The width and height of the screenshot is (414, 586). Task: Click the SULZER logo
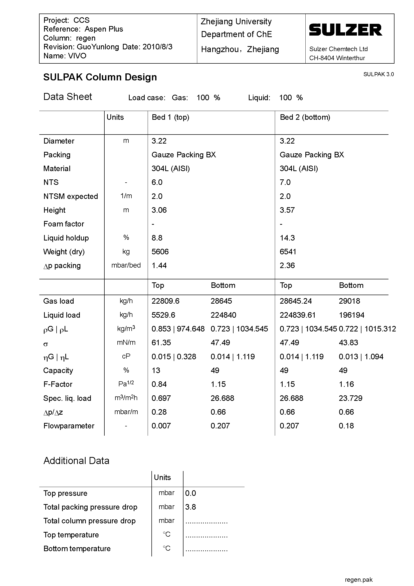(345, 30)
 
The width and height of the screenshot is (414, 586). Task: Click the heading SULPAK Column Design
(100, 77)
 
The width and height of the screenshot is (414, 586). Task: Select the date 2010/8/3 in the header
(157, 47)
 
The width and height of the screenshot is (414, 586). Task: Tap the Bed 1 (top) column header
(170, 118)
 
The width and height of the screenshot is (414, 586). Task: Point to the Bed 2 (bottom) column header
(305, 118)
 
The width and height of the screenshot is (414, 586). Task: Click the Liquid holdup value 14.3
(287, 238)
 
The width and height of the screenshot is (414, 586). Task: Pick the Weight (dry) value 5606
(160, 252)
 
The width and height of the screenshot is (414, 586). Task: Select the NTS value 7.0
(285, 182)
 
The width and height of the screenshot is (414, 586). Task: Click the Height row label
(54, 210)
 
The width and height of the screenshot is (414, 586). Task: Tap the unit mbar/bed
(126, 265)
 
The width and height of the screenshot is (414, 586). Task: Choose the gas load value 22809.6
(165, 301)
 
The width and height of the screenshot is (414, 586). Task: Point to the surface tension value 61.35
(161, 342)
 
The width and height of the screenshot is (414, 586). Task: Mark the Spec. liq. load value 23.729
(350, 398)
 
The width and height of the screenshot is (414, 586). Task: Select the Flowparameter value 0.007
(161, 426)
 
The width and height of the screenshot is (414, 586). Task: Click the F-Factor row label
(58, 384)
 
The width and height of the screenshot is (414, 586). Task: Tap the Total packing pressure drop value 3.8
(190, 507)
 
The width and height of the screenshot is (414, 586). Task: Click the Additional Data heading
(76, 461)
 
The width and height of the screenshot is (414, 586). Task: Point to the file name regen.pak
(358, 580)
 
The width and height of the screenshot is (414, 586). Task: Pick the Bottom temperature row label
(77, 548)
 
